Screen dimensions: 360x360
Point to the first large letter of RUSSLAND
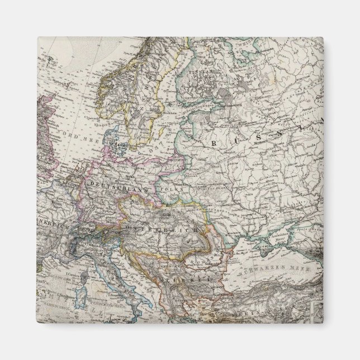[x=214, y=144]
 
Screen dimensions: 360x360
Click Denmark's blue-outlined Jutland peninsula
[x=115, y=140]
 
